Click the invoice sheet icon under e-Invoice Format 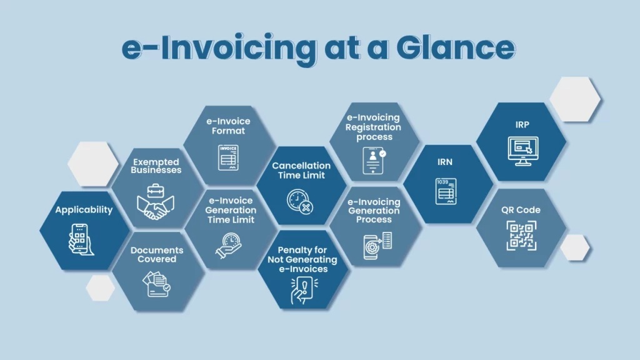coord(228,157)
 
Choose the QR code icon coord(521,236)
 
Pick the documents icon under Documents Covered coord(157,284)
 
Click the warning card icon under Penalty coord(302,291)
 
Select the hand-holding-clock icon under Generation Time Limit coord(229,244)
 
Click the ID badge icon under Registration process coord(374,161)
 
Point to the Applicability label coord(84,210)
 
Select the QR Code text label coord(521,210)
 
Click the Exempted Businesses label coord(157,166)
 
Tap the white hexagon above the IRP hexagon coord(575,99)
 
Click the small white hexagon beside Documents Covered coord(100,287)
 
